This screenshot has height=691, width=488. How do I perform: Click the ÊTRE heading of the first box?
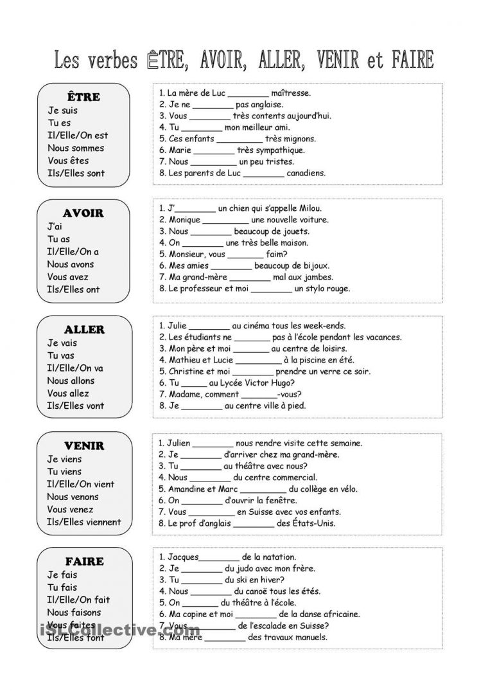tap(83, 97)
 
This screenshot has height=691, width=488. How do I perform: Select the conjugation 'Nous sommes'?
tap(75, 148)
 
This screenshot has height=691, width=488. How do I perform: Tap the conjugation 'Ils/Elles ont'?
tap(73, 289)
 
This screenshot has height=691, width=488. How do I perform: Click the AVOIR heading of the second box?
tap(83, 213)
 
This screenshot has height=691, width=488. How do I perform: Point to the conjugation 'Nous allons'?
tap(71, 381)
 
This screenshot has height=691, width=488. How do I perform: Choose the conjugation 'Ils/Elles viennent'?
tap(83, 522)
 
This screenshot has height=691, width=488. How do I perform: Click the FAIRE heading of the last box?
tap(83, 561)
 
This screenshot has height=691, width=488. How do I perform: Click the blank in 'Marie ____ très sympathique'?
tap(214, 150)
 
